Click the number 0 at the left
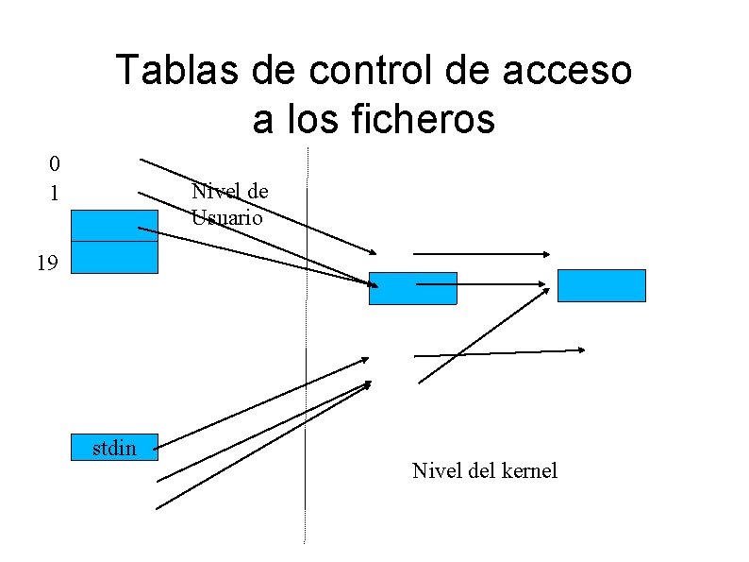[56, 163]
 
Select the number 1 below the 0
[55, 194]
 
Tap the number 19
[47, 264]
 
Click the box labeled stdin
[115, 447]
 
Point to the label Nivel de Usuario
[229, 204]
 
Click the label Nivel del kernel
[484, 470]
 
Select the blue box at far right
[601, 285]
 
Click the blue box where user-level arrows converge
[412, 288]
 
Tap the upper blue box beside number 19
[114, 225]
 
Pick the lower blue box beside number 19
[114, 257]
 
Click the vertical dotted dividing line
[306, 378]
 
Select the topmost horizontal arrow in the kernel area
[481, 254]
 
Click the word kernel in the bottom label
[532, 470]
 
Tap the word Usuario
[225, 216]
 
